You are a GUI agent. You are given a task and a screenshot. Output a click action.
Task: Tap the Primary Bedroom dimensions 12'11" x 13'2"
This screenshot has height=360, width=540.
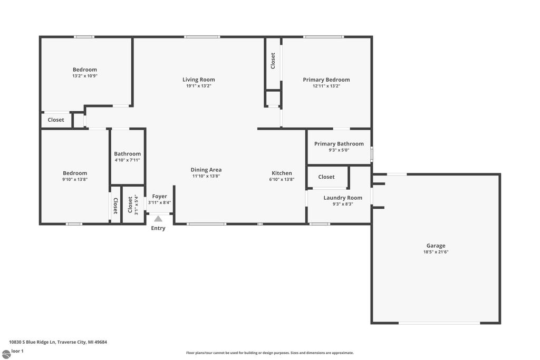coord(326,86)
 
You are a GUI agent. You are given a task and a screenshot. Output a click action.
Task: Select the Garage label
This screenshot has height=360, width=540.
coord(436,246)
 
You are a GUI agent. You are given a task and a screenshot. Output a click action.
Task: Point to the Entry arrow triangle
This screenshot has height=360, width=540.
coord(158,218)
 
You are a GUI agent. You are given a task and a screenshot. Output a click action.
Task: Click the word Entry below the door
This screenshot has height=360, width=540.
coord(158,228)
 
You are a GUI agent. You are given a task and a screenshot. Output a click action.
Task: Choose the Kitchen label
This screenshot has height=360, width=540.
coord(282,173)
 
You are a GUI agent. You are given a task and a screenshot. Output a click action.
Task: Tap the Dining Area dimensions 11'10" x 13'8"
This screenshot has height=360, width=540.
coord(206,176)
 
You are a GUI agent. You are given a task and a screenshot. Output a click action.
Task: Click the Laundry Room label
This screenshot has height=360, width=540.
coord(343,198)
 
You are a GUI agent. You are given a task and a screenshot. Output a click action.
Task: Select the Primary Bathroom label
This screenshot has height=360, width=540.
coord(339,144)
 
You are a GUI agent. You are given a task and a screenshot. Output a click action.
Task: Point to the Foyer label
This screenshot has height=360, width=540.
coord(159,196)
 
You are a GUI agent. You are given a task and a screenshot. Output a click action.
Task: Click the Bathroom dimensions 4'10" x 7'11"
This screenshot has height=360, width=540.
coord(127,160)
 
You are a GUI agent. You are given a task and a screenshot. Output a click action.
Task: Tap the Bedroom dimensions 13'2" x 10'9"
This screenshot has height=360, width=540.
coord(85,76)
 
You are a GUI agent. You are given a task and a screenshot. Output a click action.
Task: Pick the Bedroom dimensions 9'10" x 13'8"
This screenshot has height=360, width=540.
coord(75,179)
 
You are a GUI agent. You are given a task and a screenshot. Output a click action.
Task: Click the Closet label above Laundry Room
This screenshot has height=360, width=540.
coord(326,177)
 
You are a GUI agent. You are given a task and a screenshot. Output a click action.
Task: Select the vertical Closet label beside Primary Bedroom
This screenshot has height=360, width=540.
coord(273,61)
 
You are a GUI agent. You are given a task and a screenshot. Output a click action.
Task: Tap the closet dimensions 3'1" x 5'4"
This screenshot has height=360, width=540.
coord(136,205)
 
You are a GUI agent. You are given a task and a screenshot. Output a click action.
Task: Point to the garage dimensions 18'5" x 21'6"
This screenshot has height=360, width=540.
coord(436,252)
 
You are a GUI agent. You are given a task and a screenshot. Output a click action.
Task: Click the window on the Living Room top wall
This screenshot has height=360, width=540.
coord(202,37)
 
